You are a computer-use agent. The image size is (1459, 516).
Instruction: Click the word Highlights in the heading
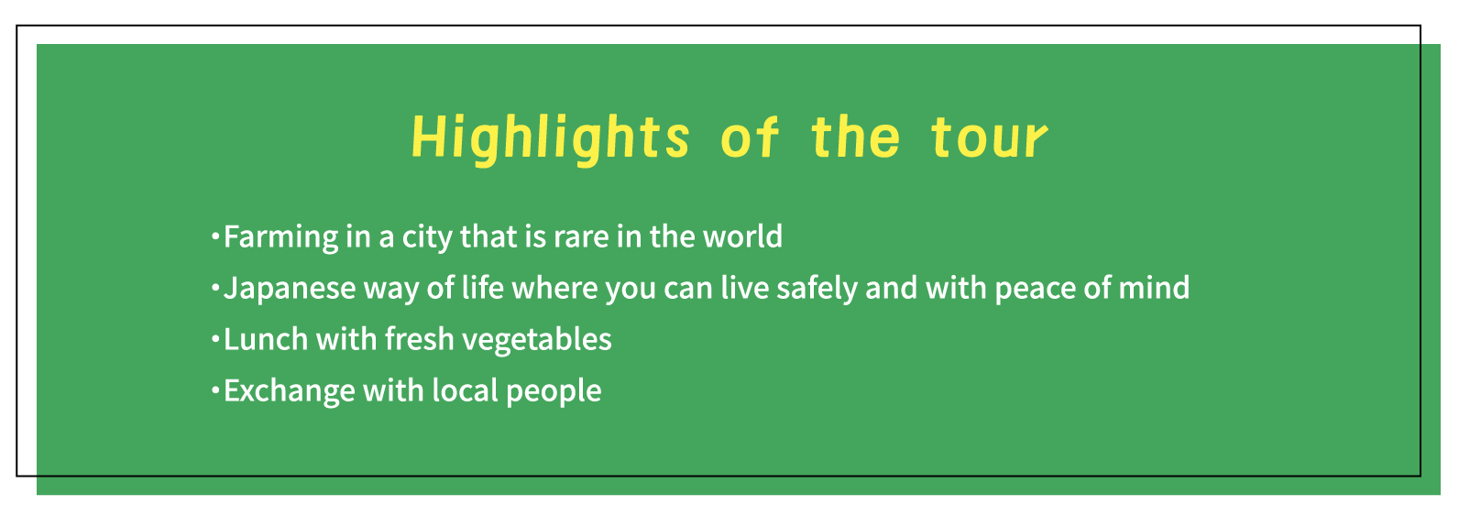tap(551, 138)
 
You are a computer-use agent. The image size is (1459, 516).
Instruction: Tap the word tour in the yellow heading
tap(990, 138)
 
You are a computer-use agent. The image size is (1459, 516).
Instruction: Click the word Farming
tap(280, 237)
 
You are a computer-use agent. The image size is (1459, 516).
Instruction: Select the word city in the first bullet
tap(427, 237)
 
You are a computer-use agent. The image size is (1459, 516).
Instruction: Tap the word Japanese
tap(290, 289)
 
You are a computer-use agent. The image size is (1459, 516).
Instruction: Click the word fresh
tap(419, 339)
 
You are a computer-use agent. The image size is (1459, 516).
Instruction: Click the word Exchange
tap(290, 391)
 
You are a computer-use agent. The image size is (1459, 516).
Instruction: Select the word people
tap(554, 391)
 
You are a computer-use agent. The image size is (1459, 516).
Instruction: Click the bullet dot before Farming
tap(215, 236)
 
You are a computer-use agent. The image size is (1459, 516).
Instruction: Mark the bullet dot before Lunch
tap(215, 338)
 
